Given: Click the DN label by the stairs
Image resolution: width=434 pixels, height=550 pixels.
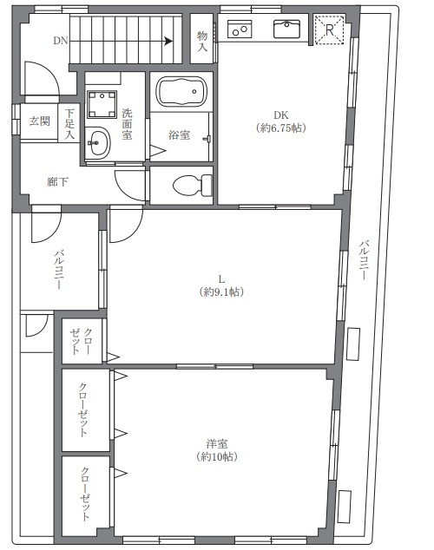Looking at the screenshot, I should click(60, 40).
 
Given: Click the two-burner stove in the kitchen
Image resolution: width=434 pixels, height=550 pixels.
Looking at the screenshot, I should click(240, 30).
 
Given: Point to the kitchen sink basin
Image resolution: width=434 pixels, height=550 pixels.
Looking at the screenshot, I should click(286, 30).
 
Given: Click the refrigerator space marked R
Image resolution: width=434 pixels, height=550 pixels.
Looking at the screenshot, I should click(329, 30).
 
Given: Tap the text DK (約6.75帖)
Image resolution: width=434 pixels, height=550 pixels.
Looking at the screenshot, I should click(279, 121).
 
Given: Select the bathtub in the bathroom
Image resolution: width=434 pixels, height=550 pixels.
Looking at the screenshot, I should click(181, 92).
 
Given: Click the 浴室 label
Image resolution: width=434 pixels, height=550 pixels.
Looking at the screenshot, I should click(180, 134).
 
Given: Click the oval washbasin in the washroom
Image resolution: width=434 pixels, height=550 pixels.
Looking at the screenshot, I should click(98, 142).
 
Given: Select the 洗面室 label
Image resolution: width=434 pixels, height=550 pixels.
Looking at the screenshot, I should click(127, 124).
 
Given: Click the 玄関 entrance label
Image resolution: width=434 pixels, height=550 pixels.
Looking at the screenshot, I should click(39, 121).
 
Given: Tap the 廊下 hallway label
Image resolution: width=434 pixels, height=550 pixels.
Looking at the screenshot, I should click(58, 182).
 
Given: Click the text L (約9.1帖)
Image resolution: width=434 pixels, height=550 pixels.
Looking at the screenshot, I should click(221, 285).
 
